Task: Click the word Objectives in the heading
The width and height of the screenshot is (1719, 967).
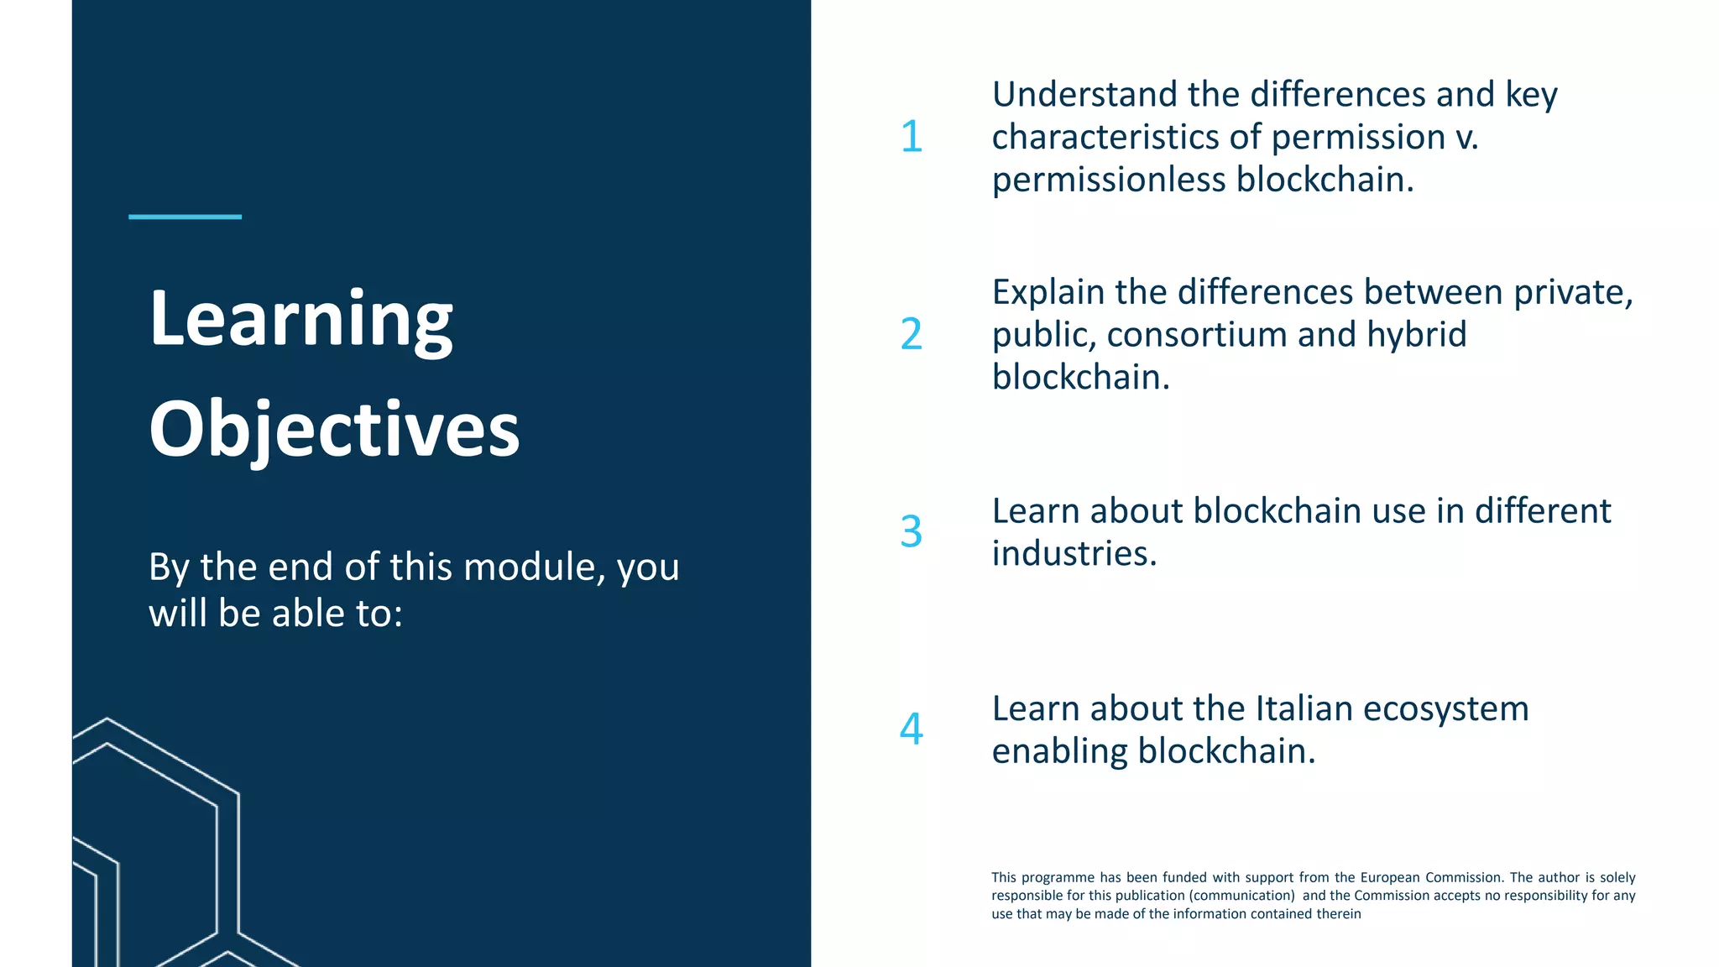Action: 334,430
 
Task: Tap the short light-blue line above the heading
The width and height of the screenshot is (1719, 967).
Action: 185,217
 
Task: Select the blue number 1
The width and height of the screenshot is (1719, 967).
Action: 912,137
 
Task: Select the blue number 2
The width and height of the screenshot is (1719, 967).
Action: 912,334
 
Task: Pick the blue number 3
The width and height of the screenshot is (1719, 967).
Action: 912,531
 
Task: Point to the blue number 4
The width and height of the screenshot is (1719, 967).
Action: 912,729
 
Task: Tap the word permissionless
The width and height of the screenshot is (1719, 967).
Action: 1108,180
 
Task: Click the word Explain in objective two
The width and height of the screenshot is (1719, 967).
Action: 1048,292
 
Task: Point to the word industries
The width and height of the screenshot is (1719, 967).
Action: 1074,553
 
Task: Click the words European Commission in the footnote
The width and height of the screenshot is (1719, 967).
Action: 1432,877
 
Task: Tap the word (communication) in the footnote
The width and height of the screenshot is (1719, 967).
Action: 1241,896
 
